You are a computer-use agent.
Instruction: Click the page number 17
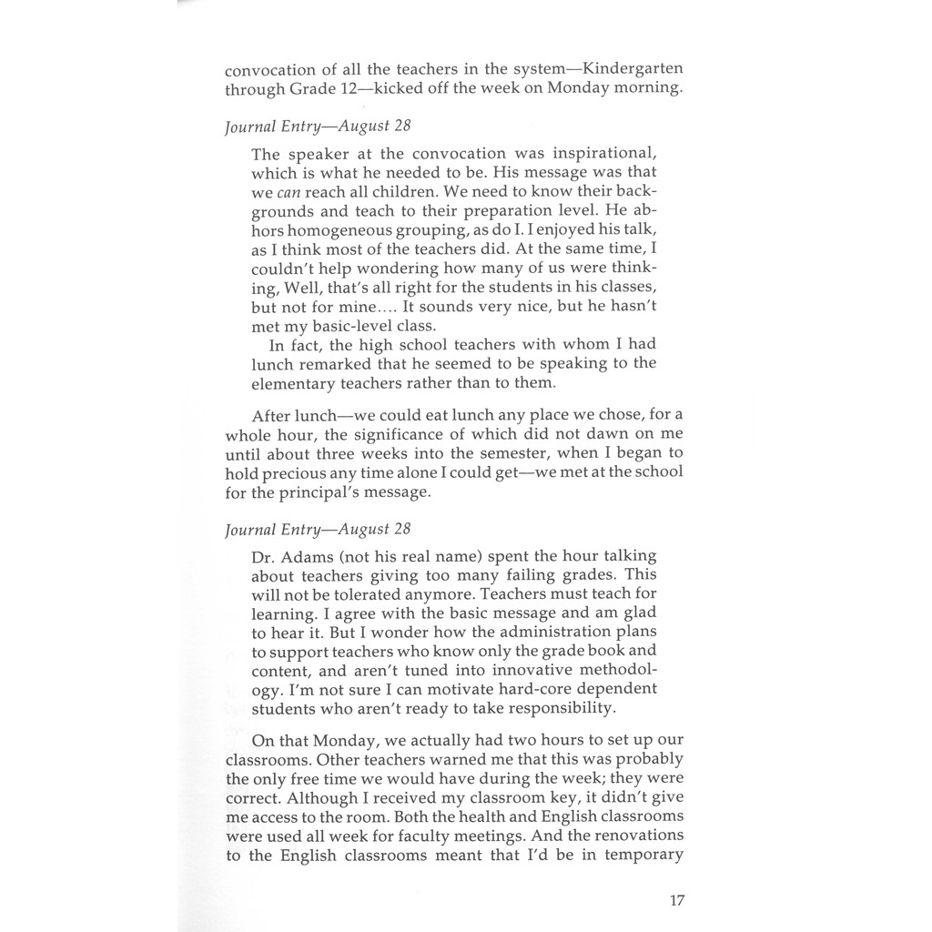[x=676, y=900]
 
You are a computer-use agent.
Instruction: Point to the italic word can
[x=289, y=192]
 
